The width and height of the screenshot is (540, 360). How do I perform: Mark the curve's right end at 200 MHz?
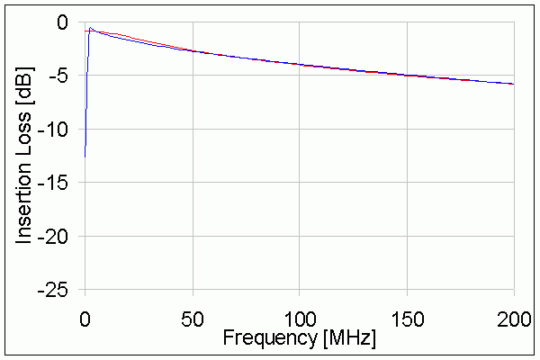coord(513,84)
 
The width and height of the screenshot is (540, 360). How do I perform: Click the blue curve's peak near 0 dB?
coord(91,28)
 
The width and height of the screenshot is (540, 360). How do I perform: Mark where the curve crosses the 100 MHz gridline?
coord(299,64)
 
